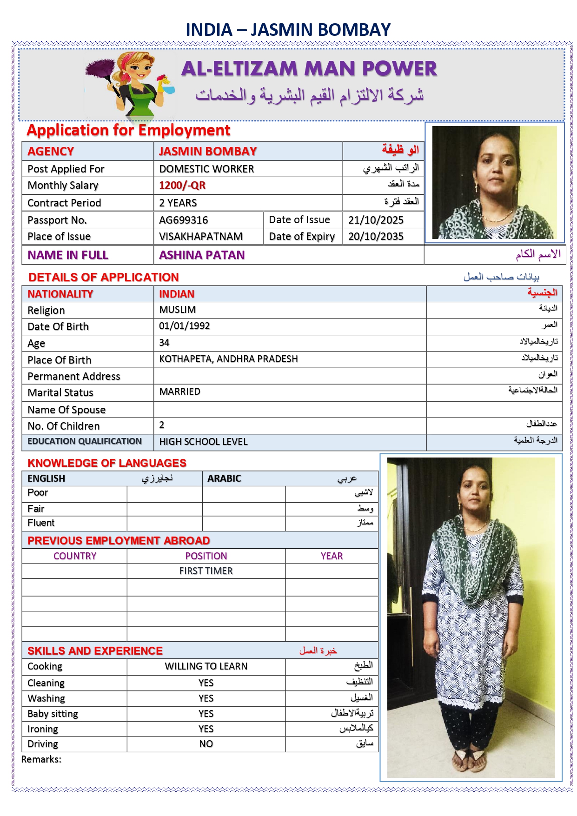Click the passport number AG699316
pos(183,220)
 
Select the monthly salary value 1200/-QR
pos(182,186)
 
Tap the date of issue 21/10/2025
pos(376,220)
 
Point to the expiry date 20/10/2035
pos(376,236)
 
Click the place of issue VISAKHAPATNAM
pos(200,236)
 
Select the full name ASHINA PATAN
pos(202,255)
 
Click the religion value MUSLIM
pos(177,310)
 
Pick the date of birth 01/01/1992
pos(184,326)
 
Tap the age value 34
pos(164,343)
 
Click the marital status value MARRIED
pos(179,391)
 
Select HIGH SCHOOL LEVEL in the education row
pos(203,442)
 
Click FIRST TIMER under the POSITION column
pos(206,571)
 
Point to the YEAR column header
pos(332,556)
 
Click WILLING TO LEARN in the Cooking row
pos(206,666)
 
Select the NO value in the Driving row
pos(206,744)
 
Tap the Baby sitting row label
pos(53,714)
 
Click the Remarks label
pos(41,759)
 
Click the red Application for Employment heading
pos(128,130)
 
